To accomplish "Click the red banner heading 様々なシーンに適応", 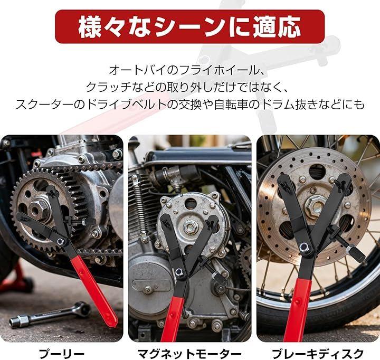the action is click(x=190, y=27).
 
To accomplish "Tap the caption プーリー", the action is click(x=62, y=354).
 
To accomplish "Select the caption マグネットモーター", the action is click(x=189, y=354).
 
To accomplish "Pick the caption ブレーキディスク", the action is click(x=318, y=354).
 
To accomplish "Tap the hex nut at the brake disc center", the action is click(x=315, y=207).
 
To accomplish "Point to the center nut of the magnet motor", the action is click(x=191, y=228).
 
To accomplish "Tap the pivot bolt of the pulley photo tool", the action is click(x=60, y=241).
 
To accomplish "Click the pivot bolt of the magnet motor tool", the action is click(x=179, y=271).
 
